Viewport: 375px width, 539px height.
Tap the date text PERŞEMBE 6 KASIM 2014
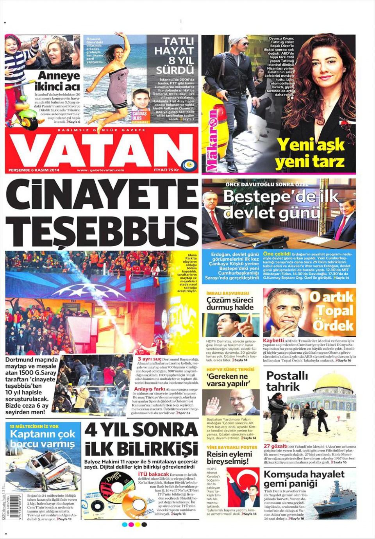[33, 170]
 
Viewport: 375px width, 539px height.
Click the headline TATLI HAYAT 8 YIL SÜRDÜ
[174, 56]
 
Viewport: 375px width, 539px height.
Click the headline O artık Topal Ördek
[332, 312]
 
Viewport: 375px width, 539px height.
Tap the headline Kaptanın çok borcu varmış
[43, 439]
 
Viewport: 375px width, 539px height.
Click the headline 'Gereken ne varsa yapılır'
[227, 380]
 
